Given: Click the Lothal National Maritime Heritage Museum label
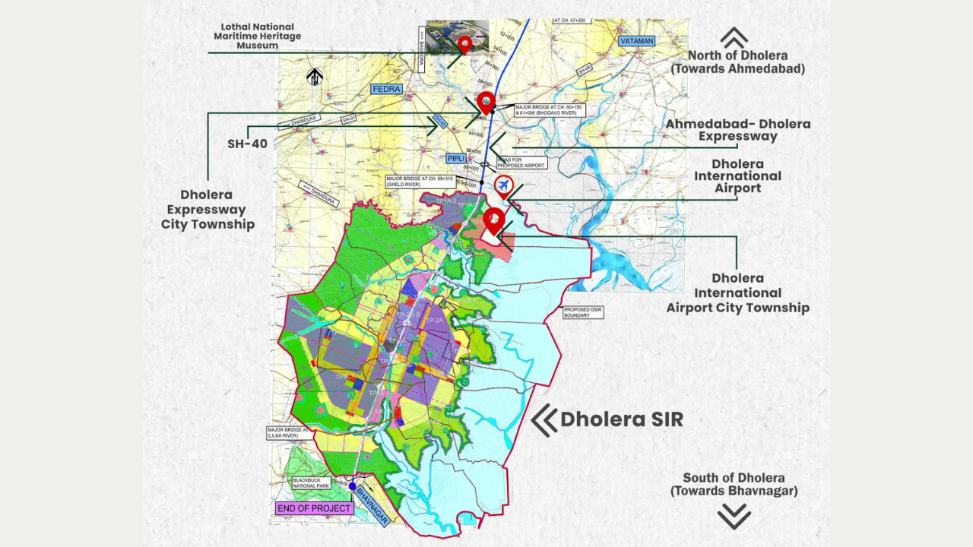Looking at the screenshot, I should (x=257, y=36).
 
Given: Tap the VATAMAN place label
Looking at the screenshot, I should (x=636, y=41).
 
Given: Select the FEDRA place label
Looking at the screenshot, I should (x=385, y=89).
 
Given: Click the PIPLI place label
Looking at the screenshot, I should (x=456, y=158).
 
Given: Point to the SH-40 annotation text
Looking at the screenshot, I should (x=247, y=143).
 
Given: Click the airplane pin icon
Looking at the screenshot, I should (x=503, y=185).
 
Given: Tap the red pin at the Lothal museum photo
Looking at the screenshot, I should (x=464, y=44).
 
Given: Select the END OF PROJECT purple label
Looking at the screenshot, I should (x=314, y=508).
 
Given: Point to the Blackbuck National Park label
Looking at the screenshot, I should (x=311, y=483).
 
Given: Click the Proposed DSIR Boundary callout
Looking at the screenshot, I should (x=583, y=312).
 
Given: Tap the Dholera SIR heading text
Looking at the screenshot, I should (x=621, y=419).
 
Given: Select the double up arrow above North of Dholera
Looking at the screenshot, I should (x=734, y=37).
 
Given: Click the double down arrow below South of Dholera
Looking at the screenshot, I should (x=734, y=517).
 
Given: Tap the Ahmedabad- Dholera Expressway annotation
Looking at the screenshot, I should (x=737, y=130).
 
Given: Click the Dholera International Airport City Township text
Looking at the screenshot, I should (x=737, y=292).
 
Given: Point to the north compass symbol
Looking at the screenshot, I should (x=315, y=77).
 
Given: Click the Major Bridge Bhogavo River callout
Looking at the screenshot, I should (x=550, y=110).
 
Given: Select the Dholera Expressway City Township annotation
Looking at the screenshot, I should (x=208, y=209).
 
